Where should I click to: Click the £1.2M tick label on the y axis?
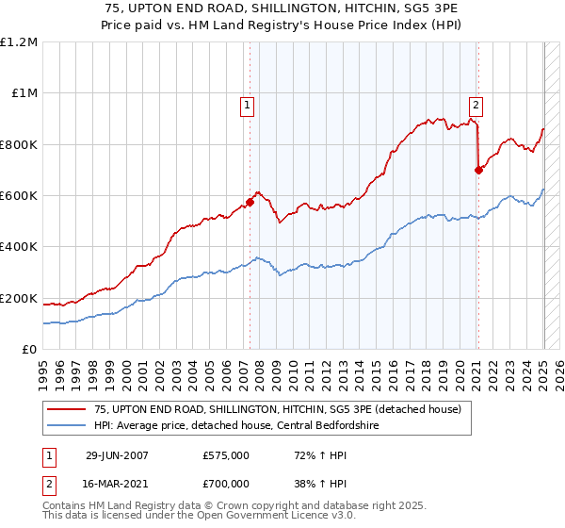pyautogui.click(x=20, y=42)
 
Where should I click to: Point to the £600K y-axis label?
pyautogui.click(x=20, y=196)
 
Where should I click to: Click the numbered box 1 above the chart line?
pyautogui.click(x=247, y=106)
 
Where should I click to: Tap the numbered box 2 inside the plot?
pyautogui.click(x=476, y=106)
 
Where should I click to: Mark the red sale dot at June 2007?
pyautogui.click(x=250, y=201)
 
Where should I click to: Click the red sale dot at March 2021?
pyautogui.click(x=478, y=170)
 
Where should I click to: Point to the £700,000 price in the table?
pyautogui.click(x=226, y=483)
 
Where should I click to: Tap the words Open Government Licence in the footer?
pyautogui.click(x=236, y=517)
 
